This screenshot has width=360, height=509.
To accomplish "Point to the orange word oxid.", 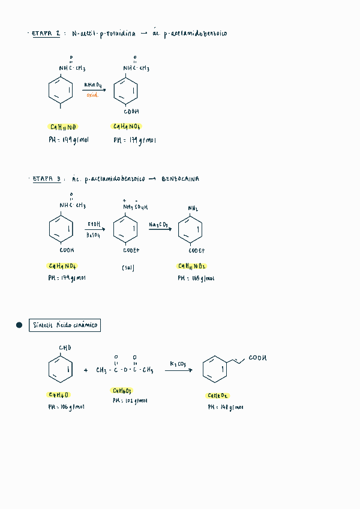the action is (92, 95).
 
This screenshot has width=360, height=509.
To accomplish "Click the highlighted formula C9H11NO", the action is (62, 127).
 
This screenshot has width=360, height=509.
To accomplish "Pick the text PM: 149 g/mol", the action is (68, 139).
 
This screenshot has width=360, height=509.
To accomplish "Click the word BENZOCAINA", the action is (181, 179).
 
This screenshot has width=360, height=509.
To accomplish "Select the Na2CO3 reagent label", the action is (158, 224).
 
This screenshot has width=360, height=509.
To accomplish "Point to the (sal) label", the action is (128, 268).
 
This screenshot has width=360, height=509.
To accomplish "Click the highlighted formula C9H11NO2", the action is (192, 266).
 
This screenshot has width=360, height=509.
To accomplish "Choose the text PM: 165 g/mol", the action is (196, 279).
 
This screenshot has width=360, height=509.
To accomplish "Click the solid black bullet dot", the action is (19, 325).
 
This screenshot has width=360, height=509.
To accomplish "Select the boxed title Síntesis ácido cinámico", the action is (65, 325).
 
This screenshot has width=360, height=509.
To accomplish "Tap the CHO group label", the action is (65, 348).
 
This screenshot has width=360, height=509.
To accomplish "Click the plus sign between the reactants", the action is (86, 370).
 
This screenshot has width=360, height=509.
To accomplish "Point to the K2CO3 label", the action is (178, 364).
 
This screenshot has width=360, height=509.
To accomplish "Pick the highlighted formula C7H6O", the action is (59, 394).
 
